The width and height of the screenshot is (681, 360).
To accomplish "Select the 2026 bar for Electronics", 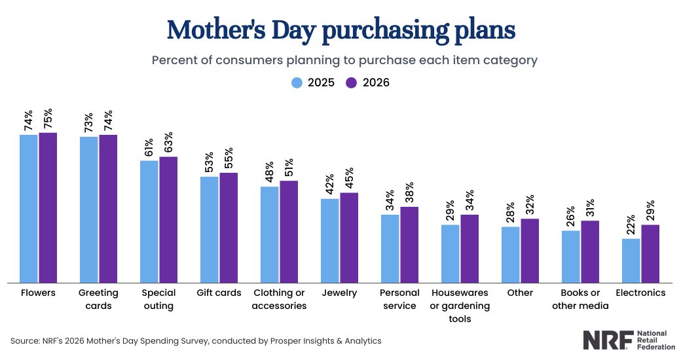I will point(650,253).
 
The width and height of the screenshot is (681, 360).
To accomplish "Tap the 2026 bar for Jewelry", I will point(349,238).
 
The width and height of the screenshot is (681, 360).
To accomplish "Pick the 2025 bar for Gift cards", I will point(210,229).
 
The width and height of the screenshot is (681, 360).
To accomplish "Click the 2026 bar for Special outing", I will point(168,219).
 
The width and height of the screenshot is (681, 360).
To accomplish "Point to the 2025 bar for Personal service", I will point(390,248).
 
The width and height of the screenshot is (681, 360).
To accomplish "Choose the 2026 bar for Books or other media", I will point(590,251).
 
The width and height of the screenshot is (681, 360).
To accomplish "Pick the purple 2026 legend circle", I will point(352,82).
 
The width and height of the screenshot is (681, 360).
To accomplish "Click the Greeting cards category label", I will point(98,299).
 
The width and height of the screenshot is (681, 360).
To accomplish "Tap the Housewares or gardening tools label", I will point(460,306).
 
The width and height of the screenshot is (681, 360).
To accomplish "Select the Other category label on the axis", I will point(520,293).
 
